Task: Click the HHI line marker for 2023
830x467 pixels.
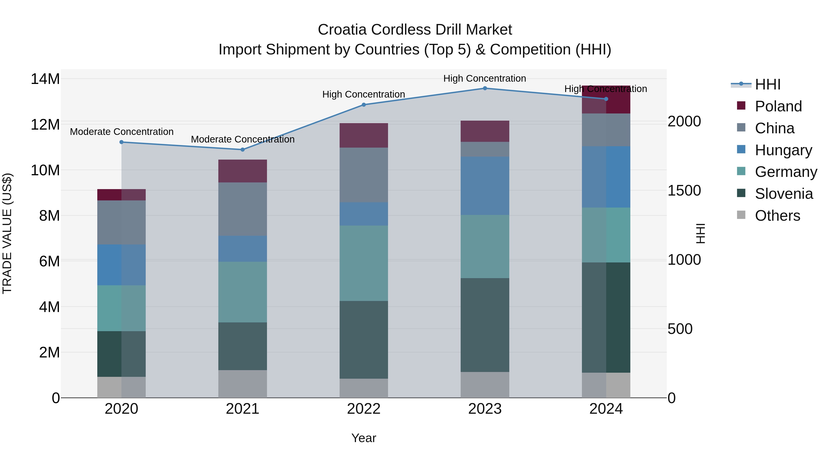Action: [485, 88]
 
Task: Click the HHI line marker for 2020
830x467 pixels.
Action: [122, 142]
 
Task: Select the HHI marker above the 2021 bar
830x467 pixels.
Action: [243, 149]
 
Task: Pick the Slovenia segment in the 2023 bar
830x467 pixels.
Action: [485, 325]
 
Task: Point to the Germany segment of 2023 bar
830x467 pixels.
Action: [485, 247]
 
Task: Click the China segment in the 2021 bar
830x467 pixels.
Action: [243, 209]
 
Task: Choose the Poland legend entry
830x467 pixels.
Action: [778, 106]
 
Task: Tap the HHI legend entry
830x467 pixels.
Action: [768, 84]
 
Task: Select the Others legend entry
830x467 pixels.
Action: [777, 216]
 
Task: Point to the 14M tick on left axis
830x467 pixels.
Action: [45, 79]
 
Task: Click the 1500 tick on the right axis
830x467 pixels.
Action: [684, 190]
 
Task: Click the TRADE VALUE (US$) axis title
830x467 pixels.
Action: [7, 233]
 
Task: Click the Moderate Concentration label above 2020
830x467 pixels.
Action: [122, 132]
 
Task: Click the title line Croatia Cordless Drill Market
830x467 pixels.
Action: [415, 30]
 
